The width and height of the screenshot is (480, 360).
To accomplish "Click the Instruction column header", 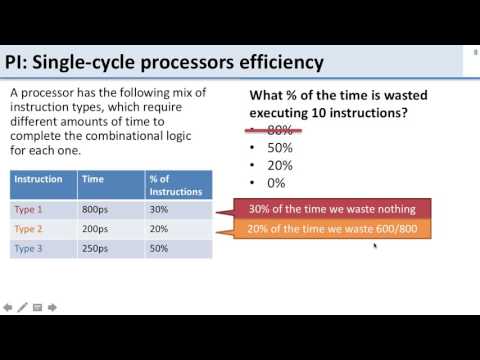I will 39,180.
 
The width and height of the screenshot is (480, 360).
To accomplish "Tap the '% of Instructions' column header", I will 176,185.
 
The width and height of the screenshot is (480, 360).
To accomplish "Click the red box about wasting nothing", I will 332,208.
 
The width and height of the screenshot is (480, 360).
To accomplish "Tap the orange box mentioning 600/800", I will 332,230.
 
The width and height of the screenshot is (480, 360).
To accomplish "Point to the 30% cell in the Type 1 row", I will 159,209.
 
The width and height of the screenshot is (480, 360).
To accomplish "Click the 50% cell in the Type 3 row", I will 159,247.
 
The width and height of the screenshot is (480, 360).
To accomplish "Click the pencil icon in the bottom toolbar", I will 22,306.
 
